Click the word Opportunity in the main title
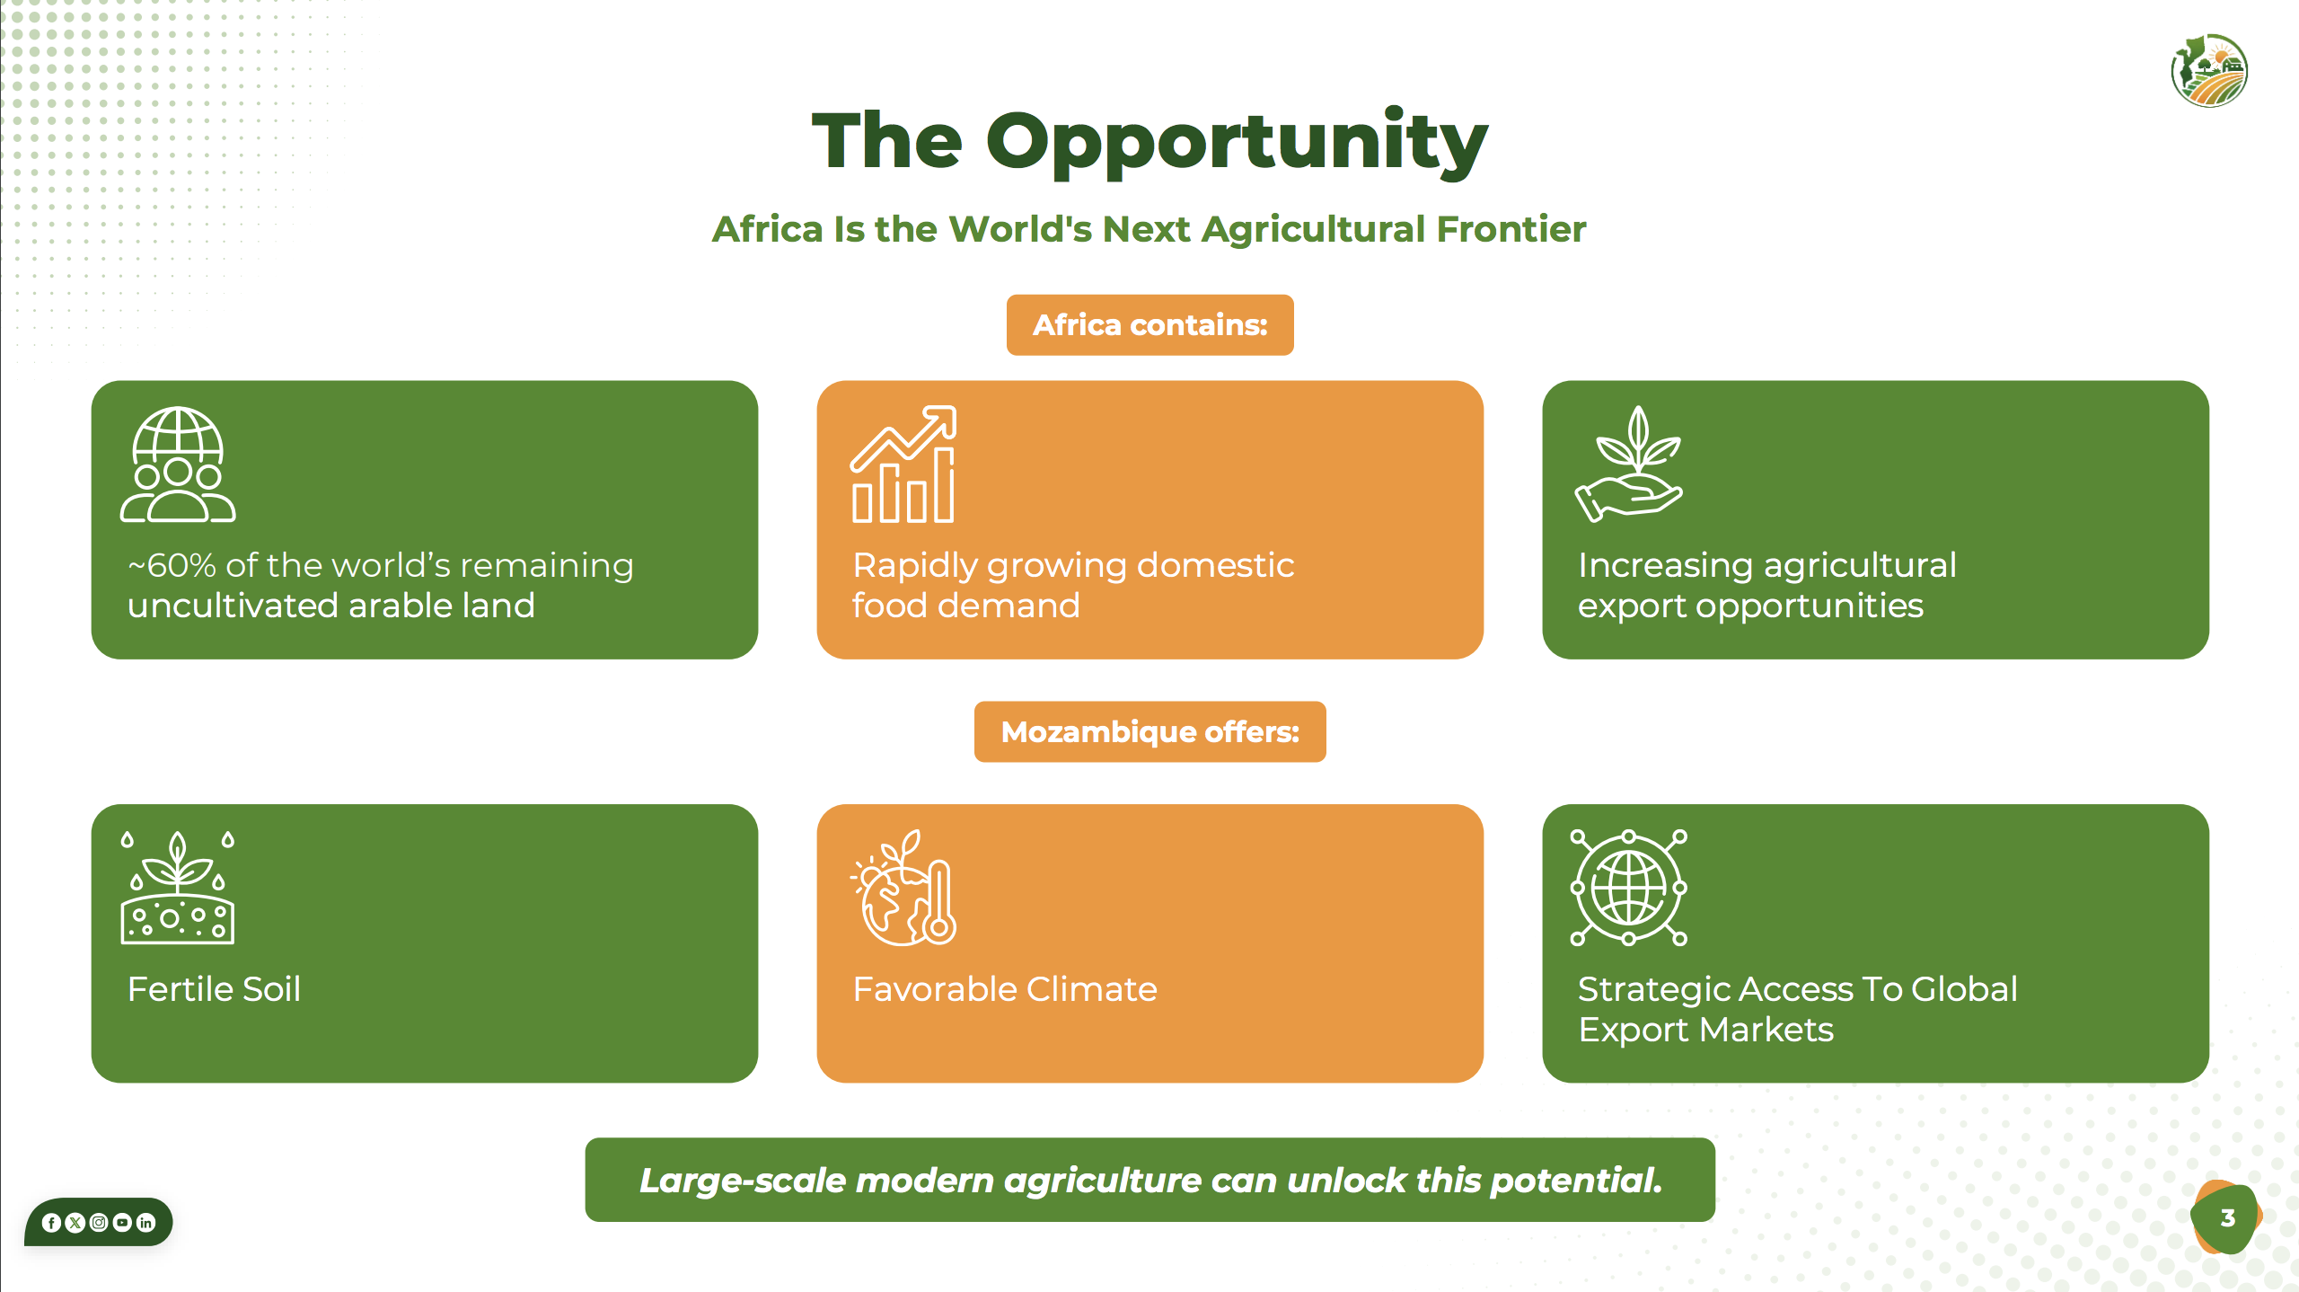click(1237, 144)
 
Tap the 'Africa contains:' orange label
click(1149, 325)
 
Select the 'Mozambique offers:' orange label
click(1149, 732)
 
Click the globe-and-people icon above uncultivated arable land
click(178, 465)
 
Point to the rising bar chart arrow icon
click(903, 465)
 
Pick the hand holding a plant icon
click(1628, 464)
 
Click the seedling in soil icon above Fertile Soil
click(178, 888)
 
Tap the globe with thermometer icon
click(904, 888)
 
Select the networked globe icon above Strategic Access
click(1628, 888)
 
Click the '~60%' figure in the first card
click(172, 566)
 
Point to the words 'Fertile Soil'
click(214, 989)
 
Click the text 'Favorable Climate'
click(1005, 989)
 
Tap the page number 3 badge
click(2226, 1218)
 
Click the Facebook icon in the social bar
click(51, 1223)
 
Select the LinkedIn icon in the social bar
click(145, 1223)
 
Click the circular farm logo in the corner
click(2209, 71)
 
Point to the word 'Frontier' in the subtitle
click(1511, 230)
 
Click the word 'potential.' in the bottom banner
click(1576, 1181)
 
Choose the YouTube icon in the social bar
click(122, 1223)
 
